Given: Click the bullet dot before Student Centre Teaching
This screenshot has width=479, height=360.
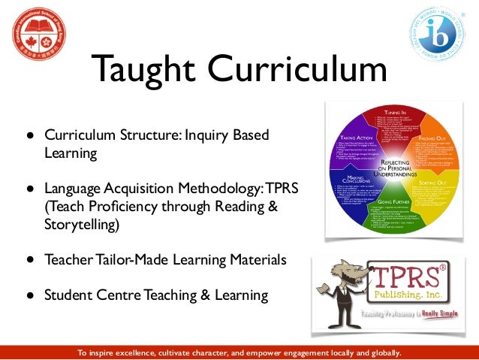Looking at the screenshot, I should (x=31, y=295).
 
